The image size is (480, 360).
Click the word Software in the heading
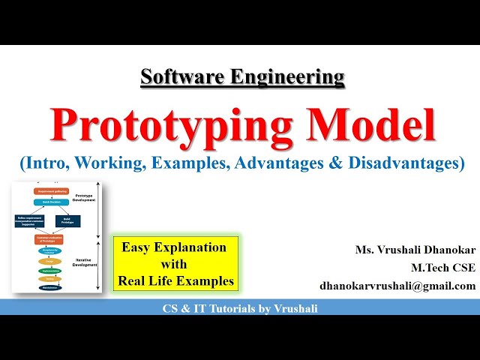coord(173,76)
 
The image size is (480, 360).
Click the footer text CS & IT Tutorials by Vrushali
coord(240,308)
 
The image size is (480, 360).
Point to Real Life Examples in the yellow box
coord(175,281)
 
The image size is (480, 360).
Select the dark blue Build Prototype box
coord(67,221)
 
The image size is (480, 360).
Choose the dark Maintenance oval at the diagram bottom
coord(51,287)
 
